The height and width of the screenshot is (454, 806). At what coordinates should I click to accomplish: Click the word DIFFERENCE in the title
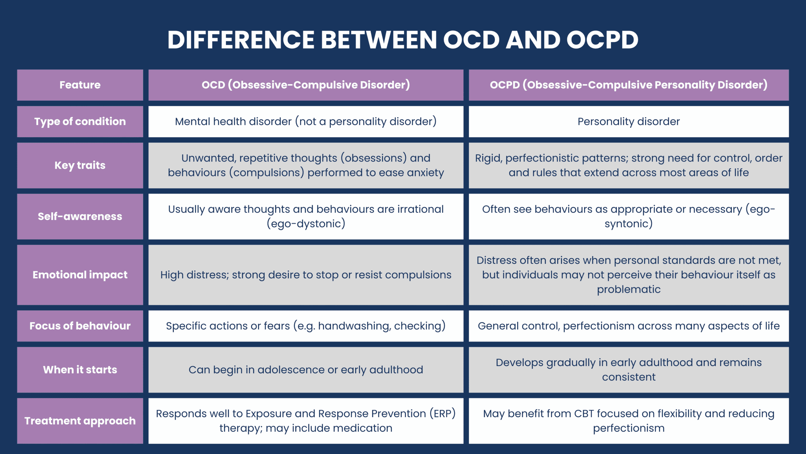[241, 40]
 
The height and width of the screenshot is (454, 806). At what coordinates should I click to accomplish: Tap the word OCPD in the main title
[602, 40]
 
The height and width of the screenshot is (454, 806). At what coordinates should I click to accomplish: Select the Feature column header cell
[80, 85]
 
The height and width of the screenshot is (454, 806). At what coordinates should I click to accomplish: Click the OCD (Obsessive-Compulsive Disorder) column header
[306, 85]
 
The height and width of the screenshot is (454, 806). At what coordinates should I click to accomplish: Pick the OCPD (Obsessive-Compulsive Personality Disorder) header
[628, 85]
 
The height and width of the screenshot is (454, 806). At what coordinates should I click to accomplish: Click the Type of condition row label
[80, 122]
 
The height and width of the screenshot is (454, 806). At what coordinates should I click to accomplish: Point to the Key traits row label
[80, 166]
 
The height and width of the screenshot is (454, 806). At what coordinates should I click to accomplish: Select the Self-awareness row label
[80, 217]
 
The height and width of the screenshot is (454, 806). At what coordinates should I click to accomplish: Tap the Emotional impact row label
[80, 275]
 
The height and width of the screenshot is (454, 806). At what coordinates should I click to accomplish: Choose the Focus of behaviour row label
[80, 326]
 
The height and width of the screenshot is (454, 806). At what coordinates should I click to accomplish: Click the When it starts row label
[80, 370]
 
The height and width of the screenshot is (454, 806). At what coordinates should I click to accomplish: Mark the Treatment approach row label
[80, 421]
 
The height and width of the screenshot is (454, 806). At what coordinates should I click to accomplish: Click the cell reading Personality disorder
[628, 122]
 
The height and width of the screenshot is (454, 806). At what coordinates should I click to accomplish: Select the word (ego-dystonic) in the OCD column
[306, 224]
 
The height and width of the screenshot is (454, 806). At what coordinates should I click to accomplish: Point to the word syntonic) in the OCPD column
[628, 224]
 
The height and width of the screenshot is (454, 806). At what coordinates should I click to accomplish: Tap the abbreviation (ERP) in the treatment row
[443, 414]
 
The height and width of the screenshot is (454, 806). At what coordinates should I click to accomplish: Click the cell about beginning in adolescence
[306, 370]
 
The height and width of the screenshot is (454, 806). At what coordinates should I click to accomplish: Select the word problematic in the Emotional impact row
[628, 289]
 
